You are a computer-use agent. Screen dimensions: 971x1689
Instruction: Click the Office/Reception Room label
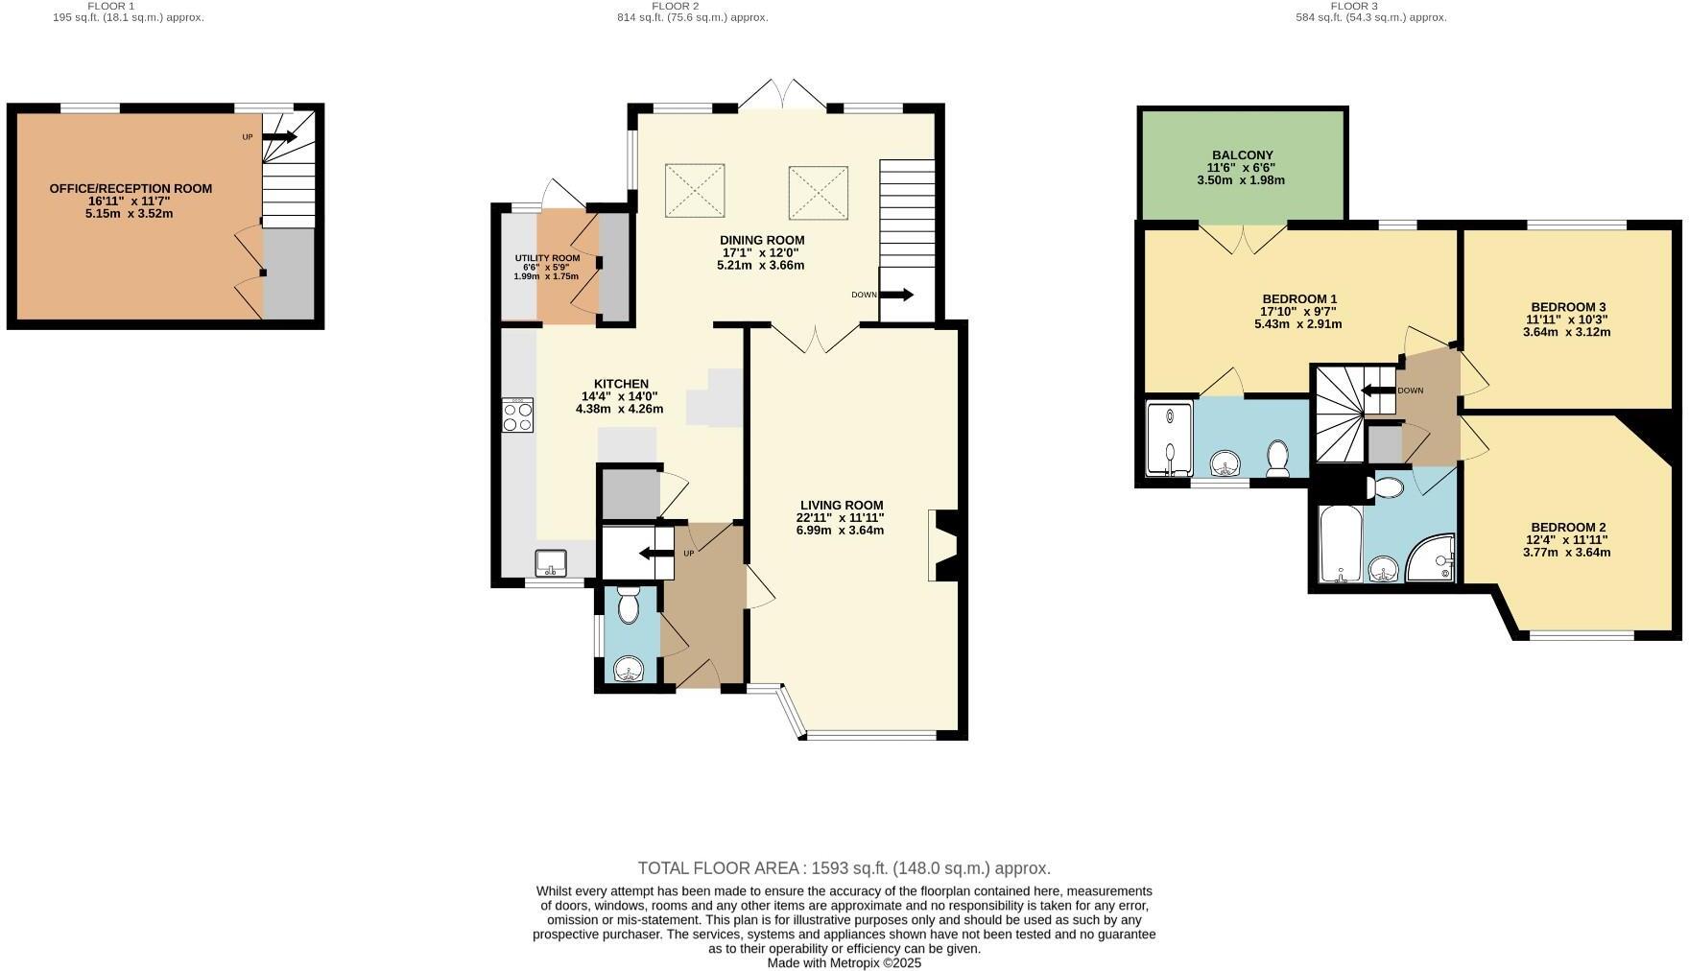click(x=131, y=189)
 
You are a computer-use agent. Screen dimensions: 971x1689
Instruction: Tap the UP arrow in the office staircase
click(x=279, y=137)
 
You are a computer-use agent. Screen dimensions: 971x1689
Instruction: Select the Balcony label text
click(x=1242, y=154)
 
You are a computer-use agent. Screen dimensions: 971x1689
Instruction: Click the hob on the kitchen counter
click(x=517, y=414)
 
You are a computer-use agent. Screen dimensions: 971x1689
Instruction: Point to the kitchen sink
click(x=552, y=562)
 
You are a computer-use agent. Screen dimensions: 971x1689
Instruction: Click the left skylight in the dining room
click(x=694, y=191)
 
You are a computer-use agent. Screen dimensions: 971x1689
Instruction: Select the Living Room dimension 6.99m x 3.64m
click(x=840, y=530)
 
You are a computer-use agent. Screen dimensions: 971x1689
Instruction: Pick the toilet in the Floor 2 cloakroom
click(x=629, y=606)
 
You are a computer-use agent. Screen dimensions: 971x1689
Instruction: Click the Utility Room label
click(x=547, y=258)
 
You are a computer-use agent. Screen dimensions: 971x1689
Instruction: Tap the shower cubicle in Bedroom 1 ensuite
click(x=1170, y=438)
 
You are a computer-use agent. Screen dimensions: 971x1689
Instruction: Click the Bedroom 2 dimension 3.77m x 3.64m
click(x=1566, y=552)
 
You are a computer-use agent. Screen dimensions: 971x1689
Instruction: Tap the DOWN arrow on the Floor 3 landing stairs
click(x=1378, y=390)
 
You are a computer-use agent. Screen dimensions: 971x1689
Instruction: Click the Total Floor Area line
click(x=844, y=868)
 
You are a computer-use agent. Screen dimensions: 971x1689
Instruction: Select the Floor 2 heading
click(x=675, y=6)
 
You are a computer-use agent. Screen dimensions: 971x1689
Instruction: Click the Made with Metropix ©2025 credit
click(x=844, y=962)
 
